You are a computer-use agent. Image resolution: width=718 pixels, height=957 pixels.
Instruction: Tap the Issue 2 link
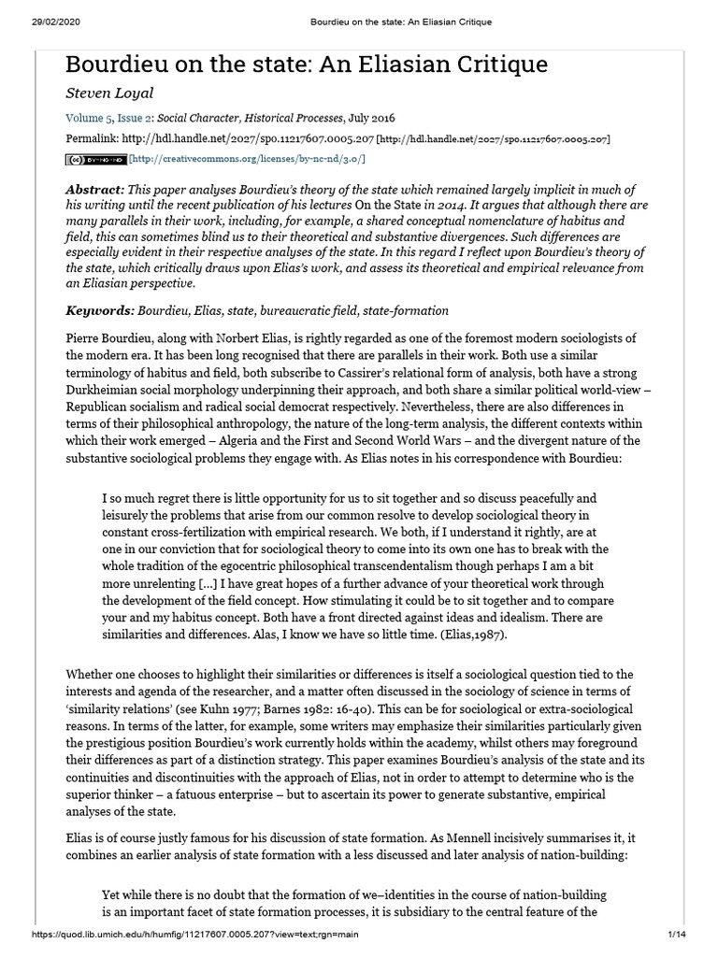pos(133,119)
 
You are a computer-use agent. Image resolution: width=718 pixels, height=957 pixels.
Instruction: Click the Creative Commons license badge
pos(95,160)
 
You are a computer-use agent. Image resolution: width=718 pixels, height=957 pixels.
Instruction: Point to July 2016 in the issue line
pos(370,119)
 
